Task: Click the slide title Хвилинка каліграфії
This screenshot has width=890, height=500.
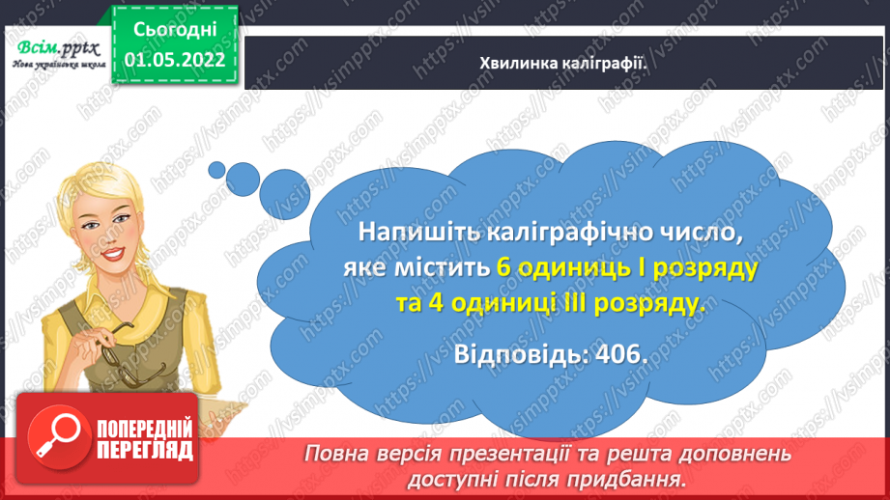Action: [x=563, y=63]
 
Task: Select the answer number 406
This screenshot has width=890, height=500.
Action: [x=619, y=353]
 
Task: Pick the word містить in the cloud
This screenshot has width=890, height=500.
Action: [x=440, y=267]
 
